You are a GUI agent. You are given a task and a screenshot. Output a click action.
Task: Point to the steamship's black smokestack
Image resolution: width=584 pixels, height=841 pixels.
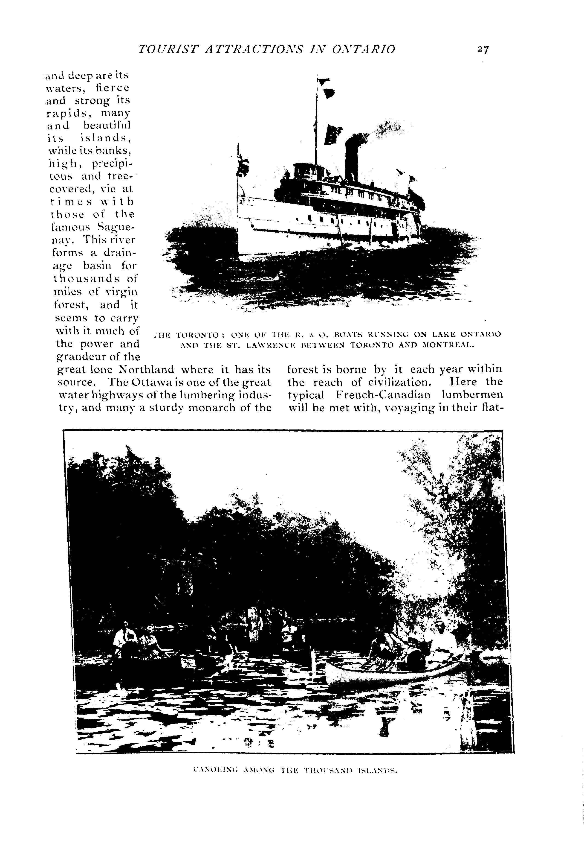pos(351,158)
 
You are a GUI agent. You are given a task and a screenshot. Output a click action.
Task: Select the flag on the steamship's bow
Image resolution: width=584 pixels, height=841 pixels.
pos(243,165)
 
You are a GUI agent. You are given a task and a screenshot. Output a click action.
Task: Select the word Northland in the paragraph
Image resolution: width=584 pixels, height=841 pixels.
pos(147,369)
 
